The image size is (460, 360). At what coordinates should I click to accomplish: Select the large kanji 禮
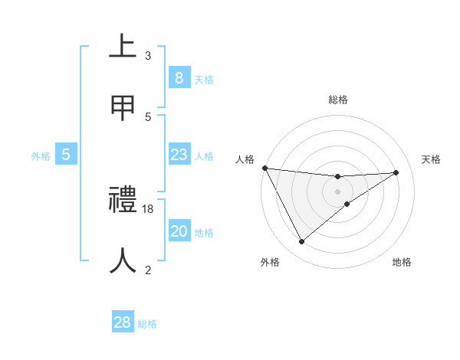pos(123,201)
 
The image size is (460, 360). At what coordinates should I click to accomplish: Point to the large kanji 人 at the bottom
pos(123,260)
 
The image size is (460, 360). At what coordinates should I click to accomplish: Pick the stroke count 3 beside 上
pos(148,56)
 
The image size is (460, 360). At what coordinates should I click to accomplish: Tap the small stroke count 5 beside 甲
pos(148,116)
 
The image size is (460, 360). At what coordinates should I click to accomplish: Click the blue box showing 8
pos(179,78)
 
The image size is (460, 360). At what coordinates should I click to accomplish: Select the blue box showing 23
pos(179,155)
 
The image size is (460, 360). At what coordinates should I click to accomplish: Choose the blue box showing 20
pos(179,232)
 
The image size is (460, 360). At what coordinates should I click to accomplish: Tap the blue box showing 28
pos(123,322)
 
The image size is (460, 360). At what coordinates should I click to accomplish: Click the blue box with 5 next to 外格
pos(66,155)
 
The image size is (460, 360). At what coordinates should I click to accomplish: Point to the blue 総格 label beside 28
pos(147,324)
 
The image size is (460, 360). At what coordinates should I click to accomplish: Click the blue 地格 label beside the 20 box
pos(204,233)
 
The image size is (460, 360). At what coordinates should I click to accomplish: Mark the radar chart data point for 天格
pos(396,172)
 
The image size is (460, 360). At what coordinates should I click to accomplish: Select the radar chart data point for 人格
pos(264,168)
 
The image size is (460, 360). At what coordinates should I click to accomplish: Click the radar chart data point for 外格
pos(301,242)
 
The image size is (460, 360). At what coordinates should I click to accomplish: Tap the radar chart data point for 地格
pos(347,204)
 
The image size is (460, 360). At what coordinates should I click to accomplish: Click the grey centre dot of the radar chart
pos(337,191)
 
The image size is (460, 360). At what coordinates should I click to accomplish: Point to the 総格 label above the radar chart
pos(337,100)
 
